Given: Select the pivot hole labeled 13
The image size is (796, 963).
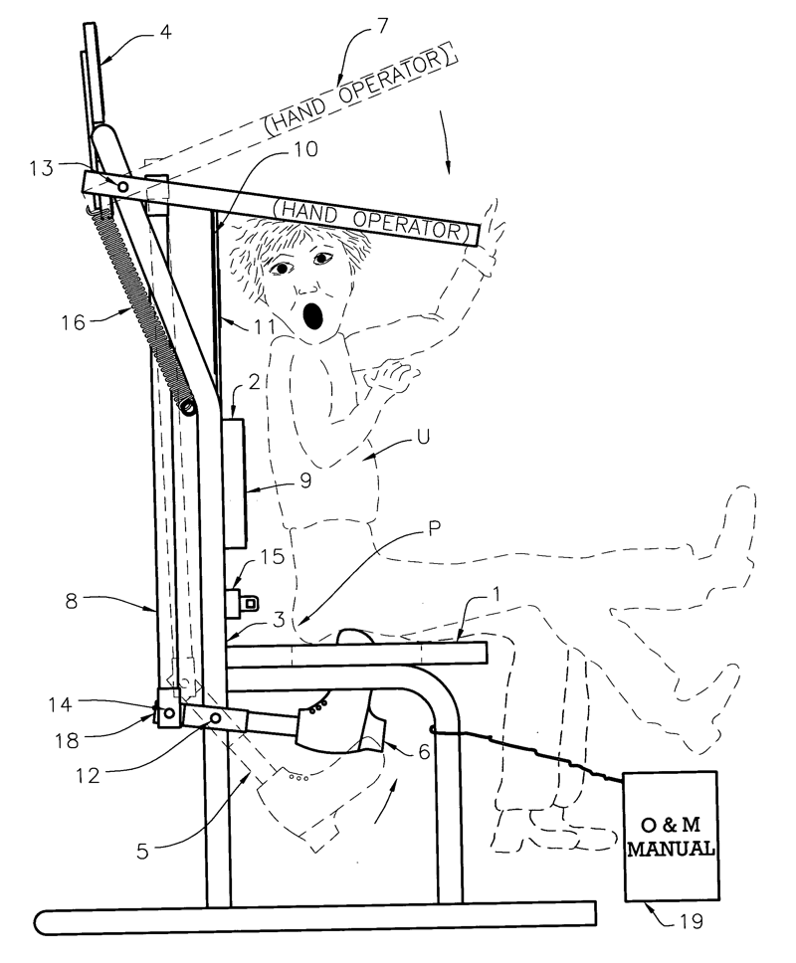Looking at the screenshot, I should point(122,185).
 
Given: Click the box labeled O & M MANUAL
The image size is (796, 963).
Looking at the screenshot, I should point(672,836).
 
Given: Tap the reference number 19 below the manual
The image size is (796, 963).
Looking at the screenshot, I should point(693,921).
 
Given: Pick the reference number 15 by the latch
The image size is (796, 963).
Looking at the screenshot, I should point(271,556).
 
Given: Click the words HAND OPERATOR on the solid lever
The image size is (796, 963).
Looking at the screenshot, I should point(370,217).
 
